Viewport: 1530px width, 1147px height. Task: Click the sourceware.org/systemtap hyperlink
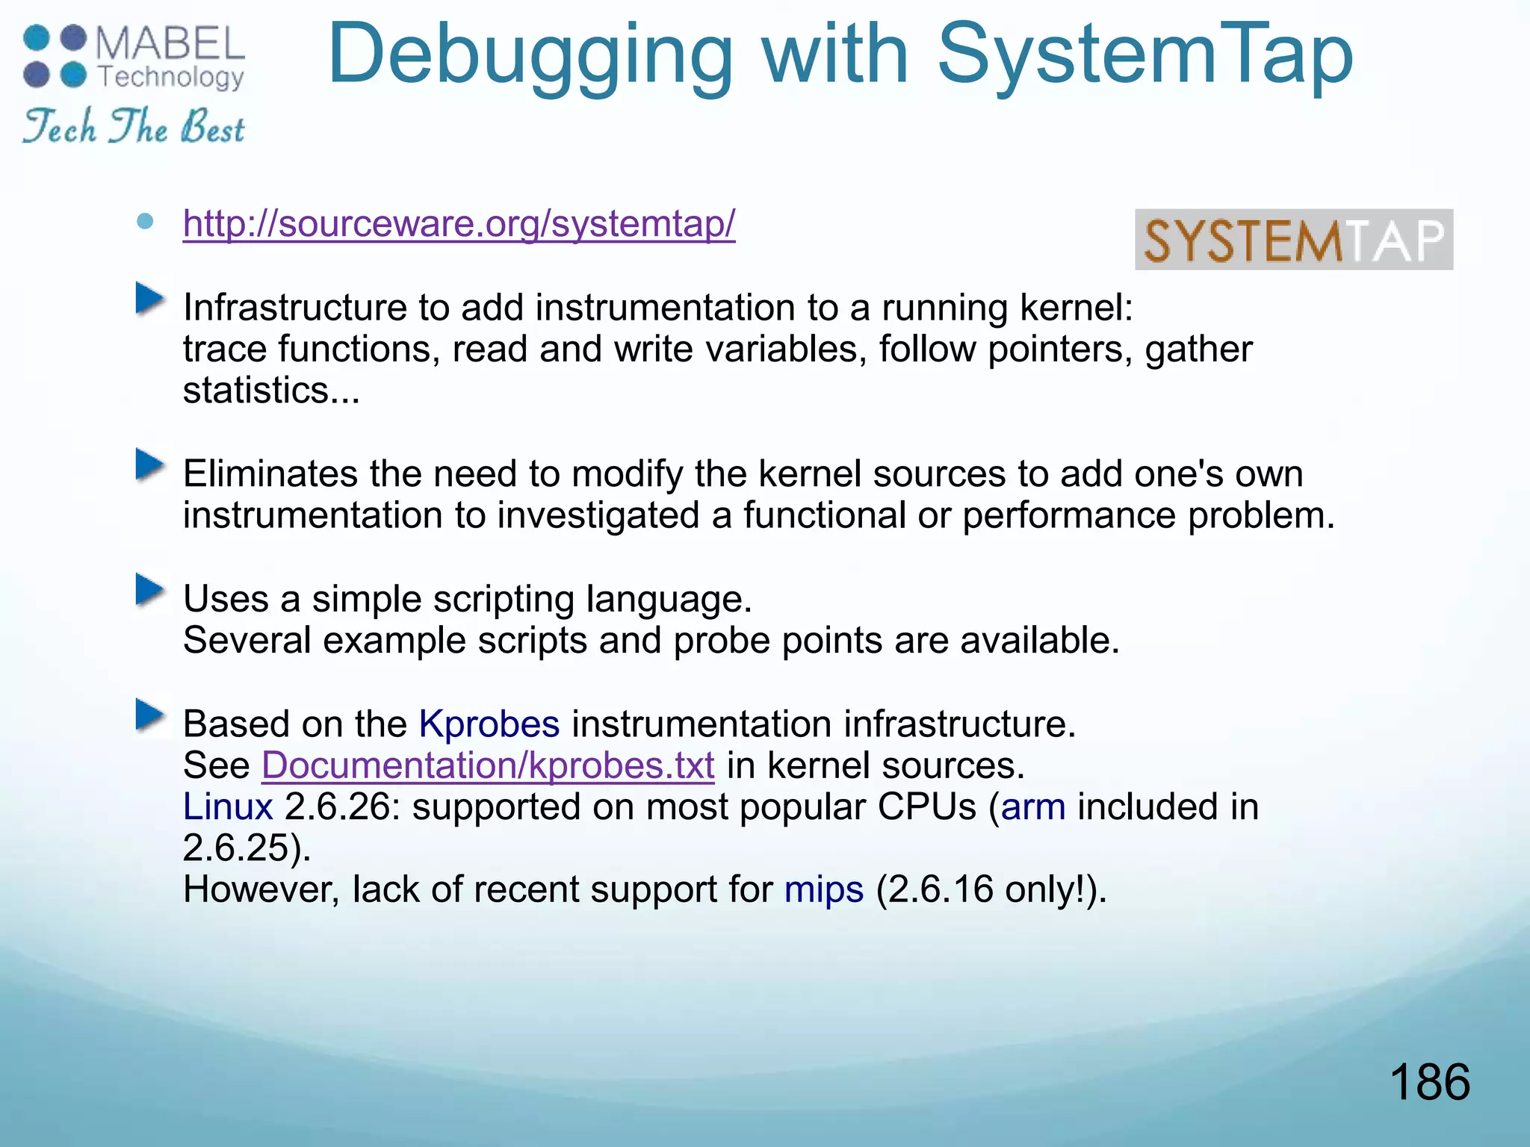click(459, 223)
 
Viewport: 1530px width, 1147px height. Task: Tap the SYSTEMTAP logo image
click(1293, 240)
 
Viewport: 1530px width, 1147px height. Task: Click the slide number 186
click(1429, 1082)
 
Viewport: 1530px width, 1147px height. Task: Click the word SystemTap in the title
click(1145, 54)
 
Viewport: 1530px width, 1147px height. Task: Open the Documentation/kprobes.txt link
click(488, 765)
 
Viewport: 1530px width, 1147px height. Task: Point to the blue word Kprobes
click(489, 724)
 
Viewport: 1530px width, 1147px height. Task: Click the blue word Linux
click(228, 806)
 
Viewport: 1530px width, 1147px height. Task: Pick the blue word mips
click(823, 889)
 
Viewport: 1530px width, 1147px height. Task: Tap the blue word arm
click(1033, 806)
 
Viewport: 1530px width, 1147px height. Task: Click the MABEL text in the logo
click(170, 43)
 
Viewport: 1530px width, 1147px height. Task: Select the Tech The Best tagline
click(134, 126)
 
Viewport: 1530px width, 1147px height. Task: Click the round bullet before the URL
click(146, 221)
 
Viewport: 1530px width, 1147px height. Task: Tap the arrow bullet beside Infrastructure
click(150, 299)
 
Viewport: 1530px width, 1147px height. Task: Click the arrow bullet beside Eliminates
click(150, 466)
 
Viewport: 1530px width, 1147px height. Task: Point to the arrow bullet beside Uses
click(150, 591)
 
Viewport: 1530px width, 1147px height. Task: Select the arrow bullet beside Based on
click(150, 715)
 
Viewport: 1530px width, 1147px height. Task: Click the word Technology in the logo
click(171, 78)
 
